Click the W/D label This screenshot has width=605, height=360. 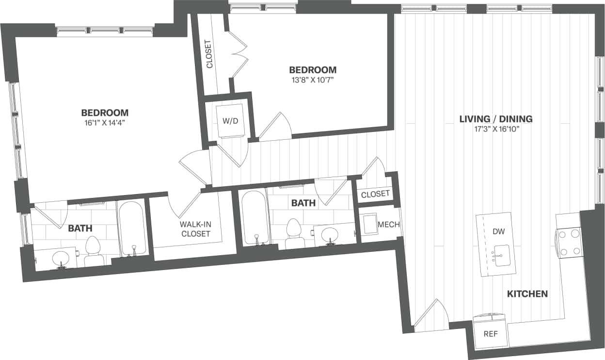pos(230,120)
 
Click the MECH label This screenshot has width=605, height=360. pos(388,225)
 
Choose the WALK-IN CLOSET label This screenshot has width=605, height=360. pos(195,229)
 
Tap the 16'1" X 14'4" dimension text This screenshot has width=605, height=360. pos(105,123)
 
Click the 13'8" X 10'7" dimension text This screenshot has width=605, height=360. pos(313,80)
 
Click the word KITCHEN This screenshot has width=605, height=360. pos(527,294)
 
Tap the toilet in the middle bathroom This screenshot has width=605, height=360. pos(293,232)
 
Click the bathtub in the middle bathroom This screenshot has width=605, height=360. pos(253,218)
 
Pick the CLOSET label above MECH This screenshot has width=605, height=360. pos(375,194)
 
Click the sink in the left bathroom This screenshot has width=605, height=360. pos(62,259)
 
